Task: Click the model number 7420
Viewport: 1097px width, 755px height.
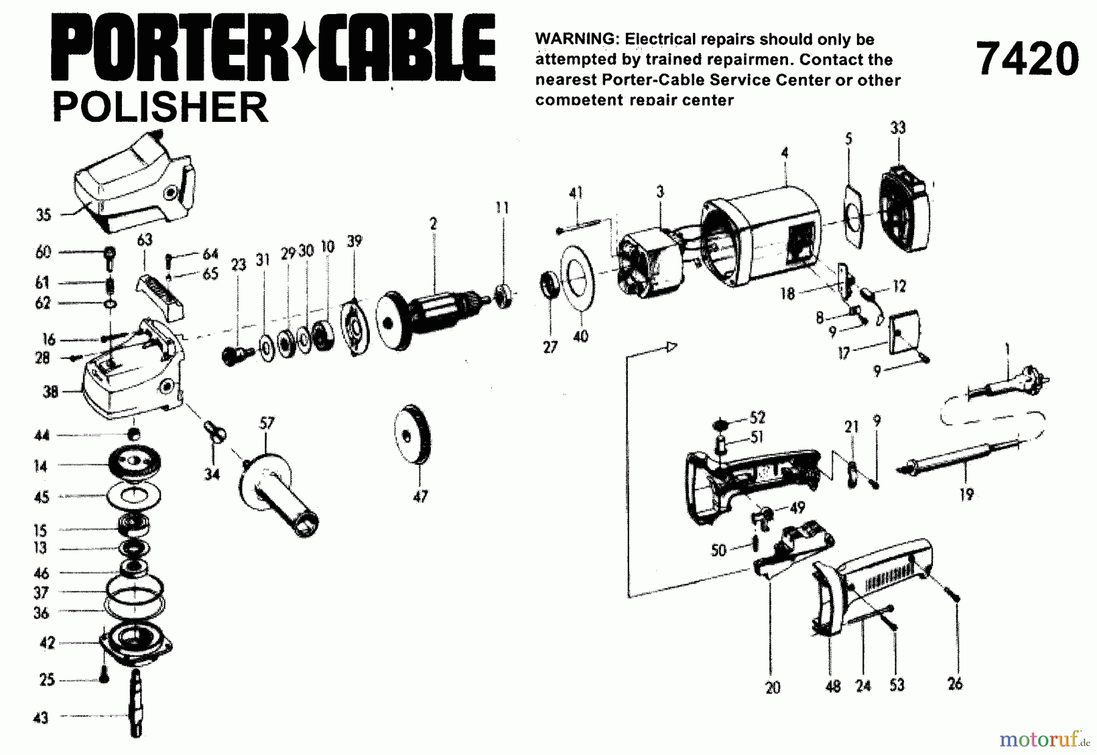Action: pos(1027,59)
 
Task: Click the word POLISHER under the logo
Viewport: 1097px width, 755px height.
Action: pos(160,107)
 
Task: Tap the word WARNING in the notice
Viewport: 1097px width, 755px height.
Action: pos(575,39)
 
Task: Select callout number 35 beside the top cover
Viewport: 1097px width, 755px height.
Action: pos(43,215)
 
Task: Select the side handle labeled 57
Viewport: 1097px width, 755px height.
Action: pos(277,497)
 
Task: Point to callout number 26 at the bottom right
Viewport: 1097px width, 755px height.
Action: pos(955,684)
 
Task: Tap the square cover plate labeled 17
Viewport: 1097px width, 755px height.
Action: pos(904,333)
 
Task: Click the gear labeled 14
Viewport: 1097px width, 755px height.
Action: pos(135,463)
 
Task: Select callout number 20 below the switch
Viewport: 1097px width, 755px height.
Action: pos(772,687)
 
